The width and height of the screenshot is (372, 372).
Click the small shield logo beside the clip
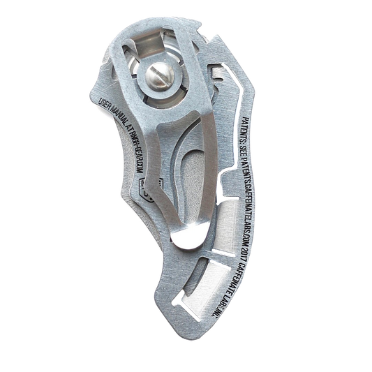click(x=144, y=187)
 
